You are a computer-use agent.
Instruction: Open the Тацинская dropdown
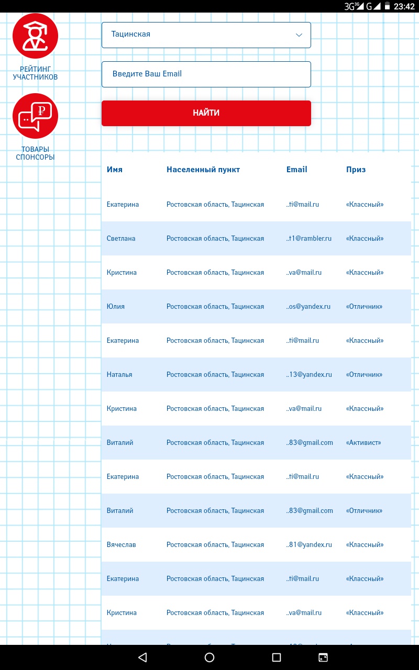(206, 35)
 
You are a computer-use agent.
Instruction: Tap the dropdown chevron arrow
(299, 35)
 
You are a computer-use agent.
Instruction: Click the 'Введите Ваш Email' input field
(206, 74)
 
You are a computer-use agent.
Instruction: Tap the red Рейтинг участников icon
(35, 36)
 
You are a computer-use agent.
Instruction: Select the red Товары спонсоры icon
(35, 116)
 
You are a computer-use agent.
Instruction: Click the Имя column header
(115, 170)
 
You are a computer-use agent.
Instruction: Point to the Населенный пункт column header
(203, 170)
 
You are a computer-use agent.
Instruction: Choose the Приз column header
(356, 170)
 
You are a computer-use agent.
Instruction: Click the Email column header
(296, 170)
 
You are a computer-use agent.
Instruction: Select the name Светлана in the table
(121, 239)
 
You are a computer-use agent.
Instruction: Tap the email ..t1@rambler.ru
(309, 239)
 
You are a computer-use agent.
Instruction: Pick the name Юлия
(116, 307)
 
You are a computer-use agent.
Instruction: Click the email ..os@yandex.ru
(308, 307)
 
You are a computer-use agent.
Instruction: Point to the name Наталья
(119, 375)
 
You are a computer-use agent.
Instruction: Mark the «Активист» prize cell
(363, 443)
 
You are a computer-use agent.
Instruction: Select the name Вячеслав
(121, 545)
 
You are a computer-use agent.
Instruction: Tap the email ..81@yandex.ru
(309, 545)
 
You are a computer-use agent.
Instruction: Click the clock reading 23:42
(404, 6)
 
